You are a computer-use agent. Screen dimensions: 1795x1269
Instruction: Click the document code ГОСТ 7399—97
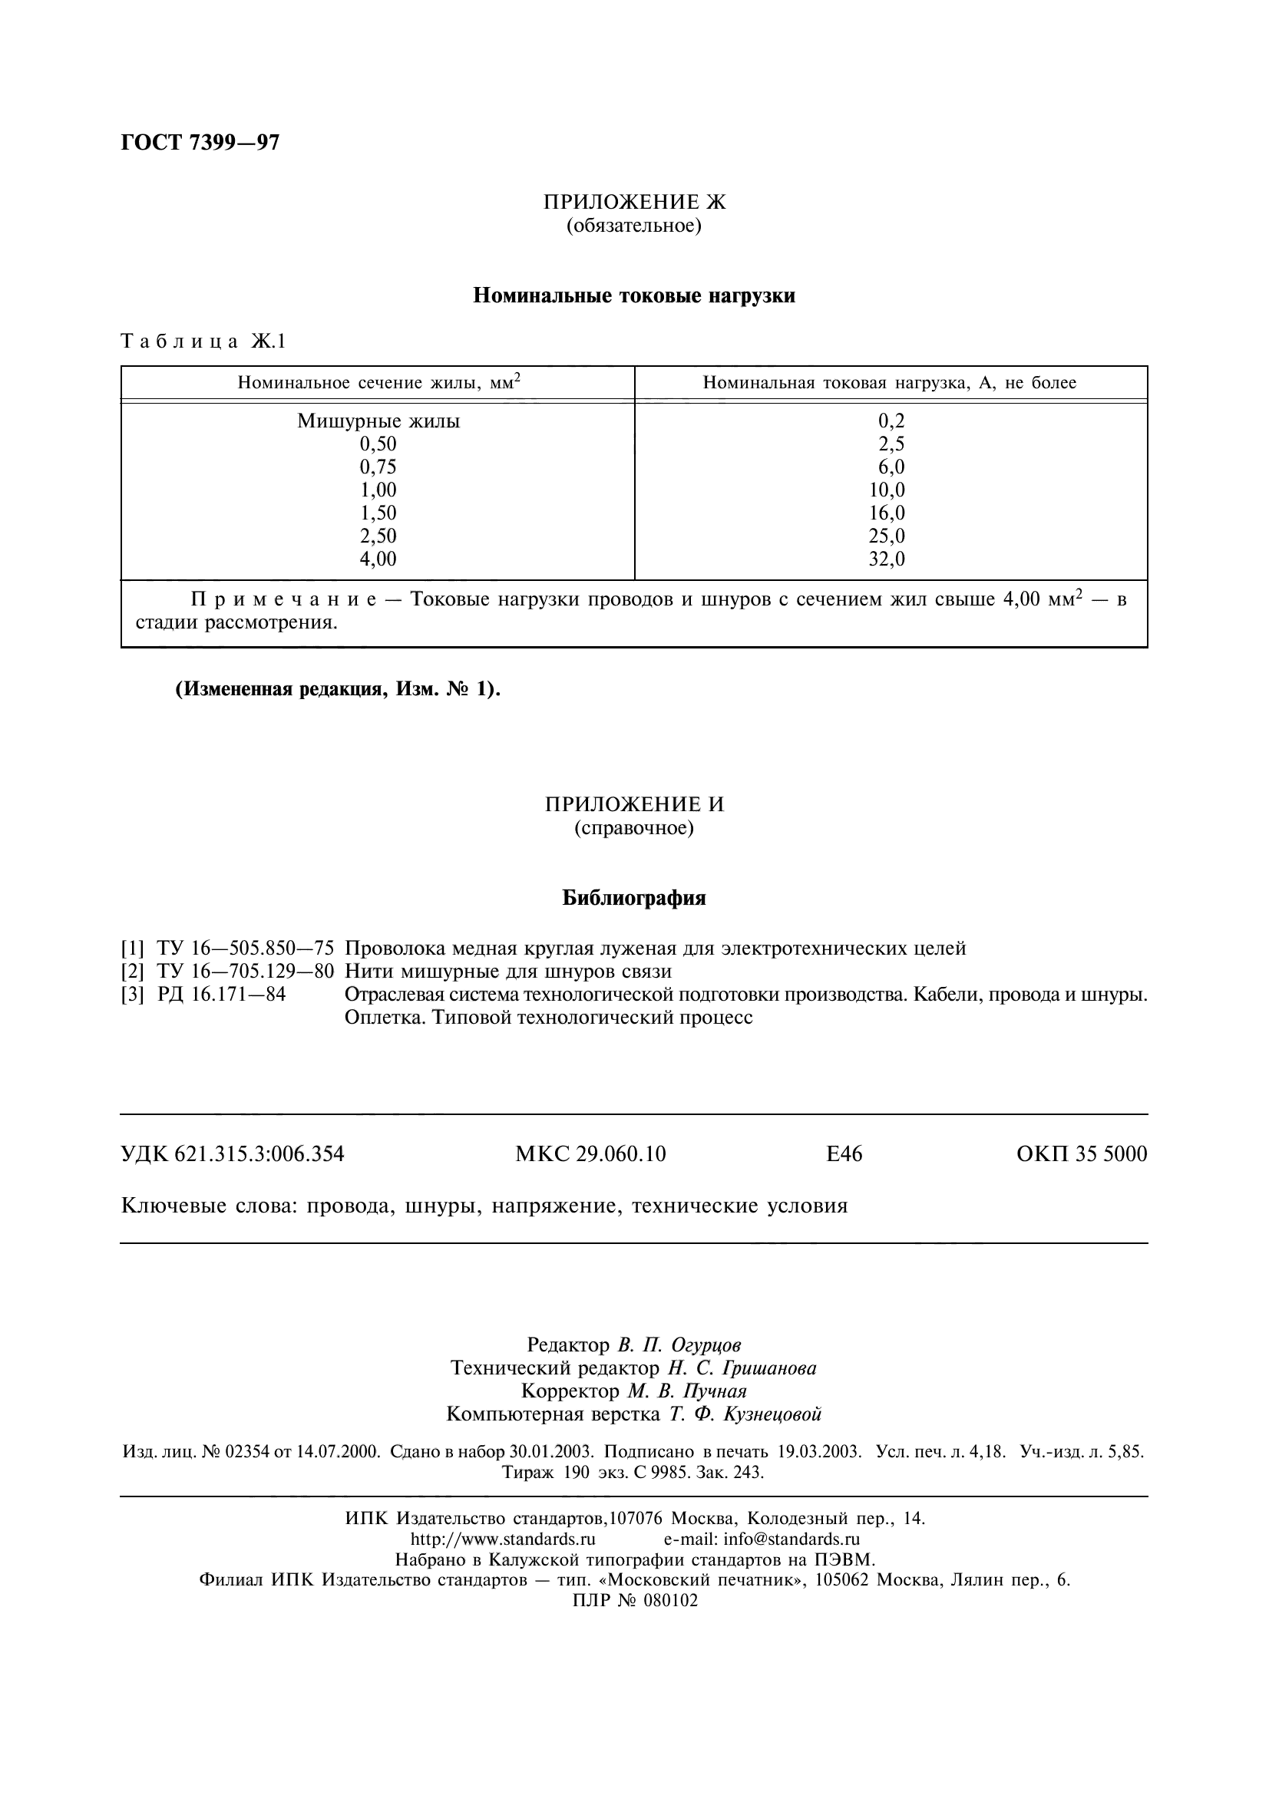coord(200,143)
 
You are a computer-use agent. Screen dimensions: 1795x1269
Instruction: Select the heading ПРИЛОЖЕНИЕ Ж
coord(634,203)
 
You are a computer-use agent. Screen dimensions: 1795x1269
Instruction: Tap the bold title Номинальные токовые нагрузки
coord(634,296)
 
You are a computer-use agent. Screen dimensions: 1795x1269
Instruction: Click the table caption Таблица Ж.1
coord(203,342)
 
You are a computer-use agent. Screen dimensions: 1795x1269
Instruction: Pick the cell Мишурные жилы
coord(378,421)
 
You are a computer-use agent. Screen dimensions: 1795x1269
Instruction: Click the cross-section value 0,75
coord(378,467)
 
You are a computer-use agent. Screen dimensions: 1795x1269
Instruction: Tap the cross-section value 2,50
coord(378,536)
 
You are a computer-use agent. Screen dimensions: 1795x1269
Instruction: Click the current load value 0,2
coord(891,421)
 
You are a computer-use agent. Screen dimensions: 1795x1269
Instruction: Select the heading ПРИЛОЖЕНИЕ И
coord(634,804)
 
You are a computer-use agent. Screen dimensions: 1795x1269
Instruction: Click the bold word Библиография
coord(634,899)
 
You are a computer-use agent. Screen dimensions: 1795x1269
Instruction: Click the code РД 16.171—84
coord(221,995)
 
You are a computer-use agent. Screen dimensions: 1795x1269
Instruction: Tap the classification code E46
coord(844,1154)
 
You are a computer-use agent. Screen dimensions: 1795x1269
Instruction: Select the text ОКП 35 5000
coord(1082,1154)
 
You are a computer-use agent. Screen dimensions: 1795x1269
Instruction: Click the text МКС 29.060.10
coord(590,1154)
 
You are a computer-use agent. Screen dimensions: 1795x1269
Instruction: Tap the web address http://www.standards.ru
coord(503,1539)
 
